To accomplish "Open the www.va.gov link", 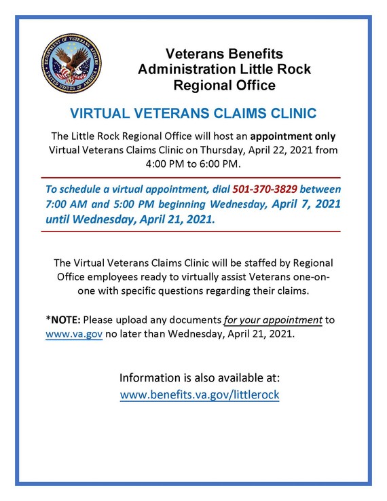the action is coord(74,335).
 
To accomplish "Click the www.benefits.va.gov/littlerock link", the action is coord(200,394).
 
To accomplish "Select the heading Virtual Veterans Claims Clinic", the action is coord(193,113).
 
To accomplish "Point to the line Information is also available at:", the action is coord(200,377).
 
